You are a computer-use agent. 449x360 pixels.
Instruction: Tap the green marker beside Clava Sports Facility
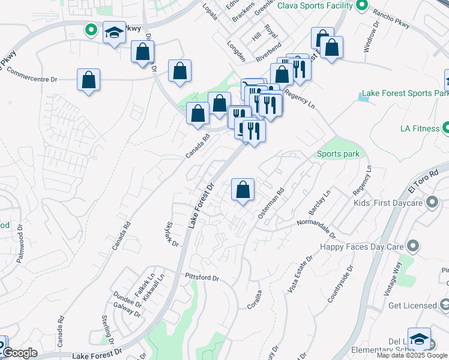(x=361, y=6)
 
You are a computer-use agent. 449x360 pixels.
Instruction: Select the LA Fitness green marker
(x=446, y=128)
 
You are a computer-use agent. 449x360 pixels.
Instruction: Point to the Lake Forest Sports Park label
(x=405, y=94)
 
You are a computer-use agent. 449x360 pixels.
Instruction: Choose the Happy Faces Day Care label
(x=361, y=247)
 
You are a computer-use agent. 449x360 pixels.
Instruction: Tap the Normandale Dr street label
(x=316, y=225)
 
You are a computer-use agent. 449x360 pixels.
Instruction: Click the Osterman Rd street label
(x=271, y=204)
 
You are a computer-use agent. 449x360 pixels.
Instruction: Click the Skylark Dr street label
(x=172, y=235)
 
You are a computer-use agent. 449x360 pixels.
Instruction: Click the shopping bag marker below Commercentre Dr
(x=88, y=80)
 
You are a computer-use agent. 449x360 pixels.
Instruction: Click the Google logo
(x=20, y=353)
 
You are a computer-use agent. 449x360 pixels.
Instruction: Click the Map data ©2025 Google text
(x=412, y=355)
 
